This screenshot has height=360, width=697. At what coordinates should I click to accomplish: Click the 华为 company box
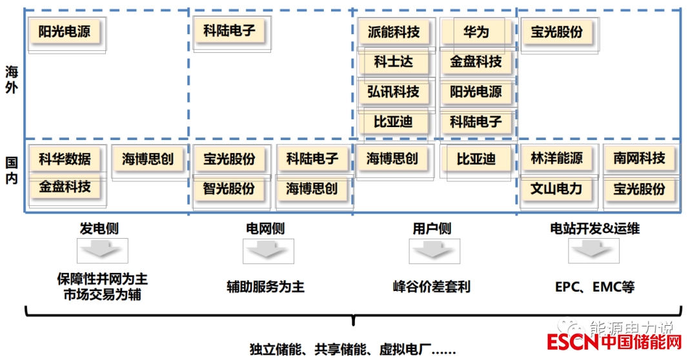coord(476,32)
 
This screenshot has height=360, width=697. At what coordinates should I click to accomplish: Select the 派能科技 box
coord(393,32)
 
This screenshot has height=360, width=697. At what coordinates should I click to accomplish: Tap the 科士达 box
coord(393,62)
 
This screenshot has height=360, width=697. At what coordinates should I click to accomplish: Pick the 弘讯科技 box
coord(393,92)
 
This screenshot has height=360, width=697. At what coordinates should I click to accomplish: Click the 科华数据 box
coord(65,158)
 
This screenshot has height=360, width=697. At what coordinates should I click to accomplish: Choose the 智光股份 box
coord(229,188)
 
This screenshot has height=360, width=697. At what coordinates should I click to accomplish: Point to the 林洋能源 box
coord(557,158)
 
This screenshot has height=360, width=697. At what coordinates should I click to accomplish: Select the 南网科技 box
coord(639,158)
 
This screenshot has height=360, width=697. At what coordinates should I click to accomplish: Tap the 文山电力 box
coord(557,188)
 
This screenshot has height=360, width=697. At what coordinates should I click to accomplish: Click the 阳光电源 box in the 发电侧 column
coord(65,32)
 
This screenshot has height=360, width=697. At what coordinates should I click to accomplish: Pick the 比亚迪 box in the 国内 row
coord(476,158)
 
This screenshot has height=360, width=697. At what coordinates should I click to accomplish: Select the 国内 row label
coord(12,170)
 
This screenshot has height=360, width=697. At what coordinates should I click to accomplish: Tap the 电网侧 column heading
coord(265,228)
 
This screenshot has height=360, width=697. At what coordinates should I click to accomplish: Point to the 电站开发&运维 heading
coord(594,228)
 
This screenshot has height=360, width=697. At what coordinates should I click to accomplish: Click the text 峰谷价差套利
coord(432,286)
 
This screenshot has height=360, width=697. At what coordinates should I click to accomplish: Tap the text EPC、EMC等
coord(594,286)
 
